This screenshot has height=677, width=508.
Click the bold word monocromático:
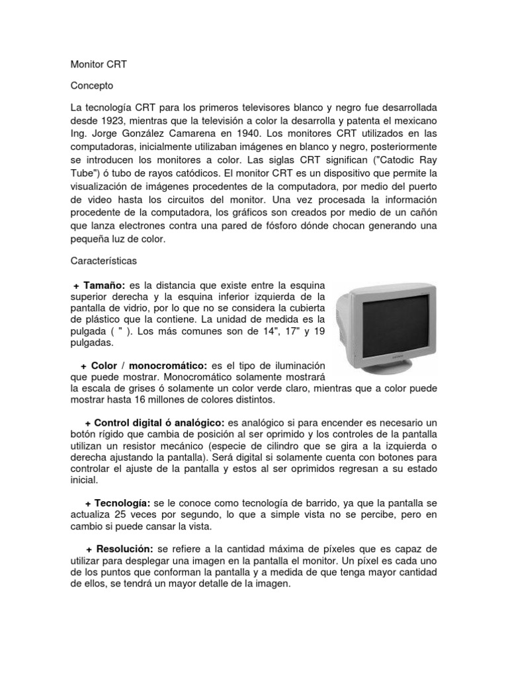pyautogui.click(x=171, y=365)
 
